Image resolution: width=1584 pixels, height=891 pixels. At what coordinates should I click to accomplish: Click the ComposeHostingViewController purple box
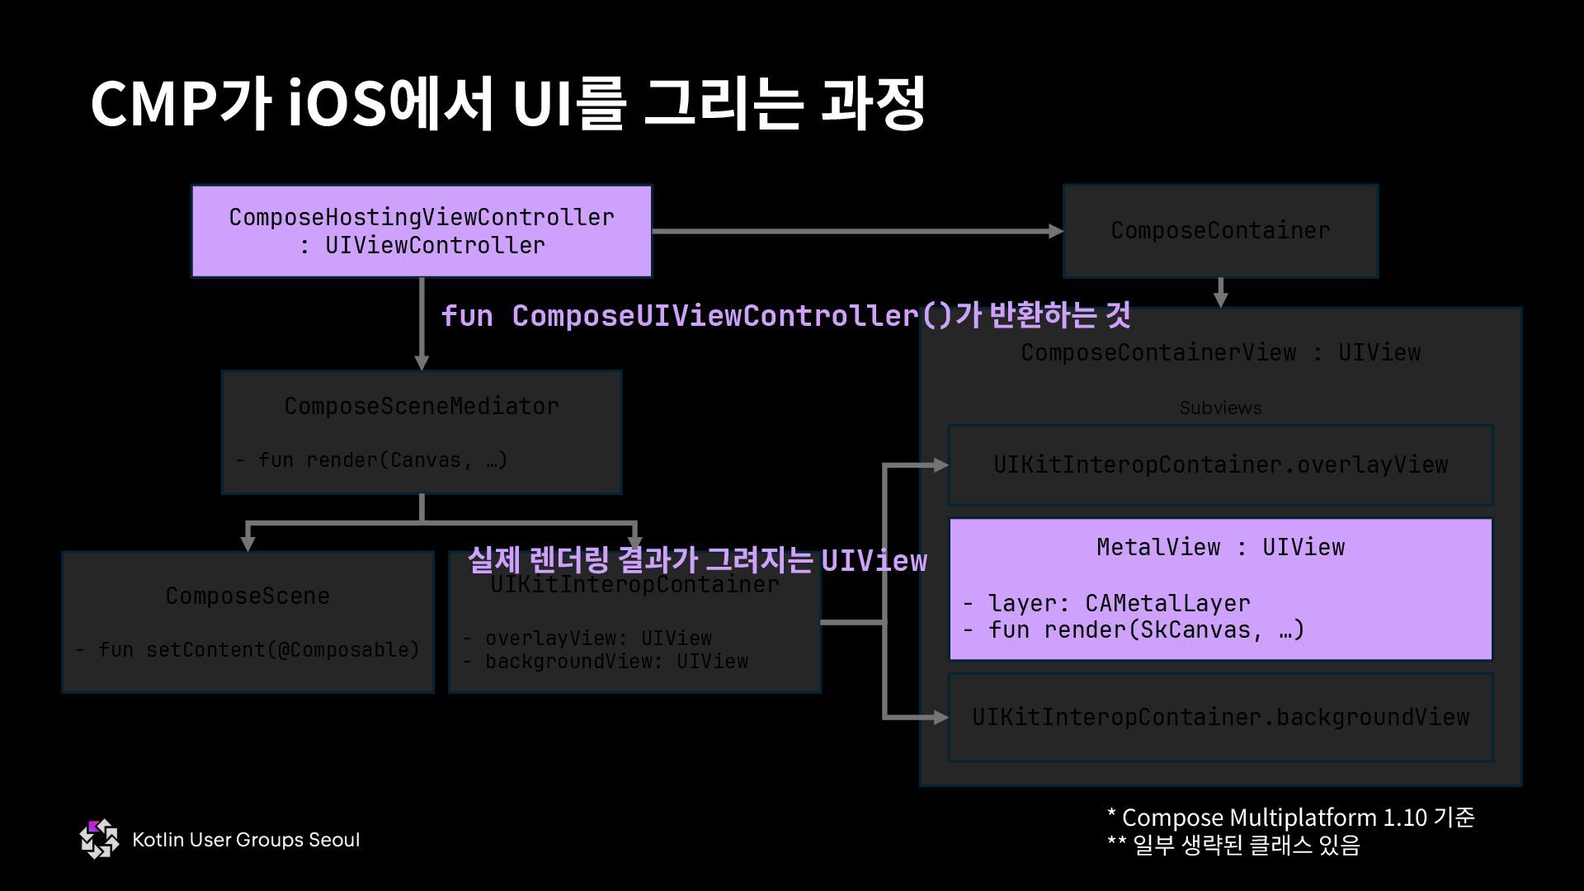421,231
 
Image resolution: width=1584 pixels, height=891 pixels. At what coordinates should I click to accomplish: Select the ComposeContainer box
1220,231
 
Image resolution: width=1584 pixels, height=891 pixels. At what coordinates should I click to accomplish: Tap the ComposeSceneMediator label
422,406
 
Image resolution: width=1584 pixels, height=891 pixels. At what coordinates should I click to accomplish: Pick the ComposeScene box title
247,596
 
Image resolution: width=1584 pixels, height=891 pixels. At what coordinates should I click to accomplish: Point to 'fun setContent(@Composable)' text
257,650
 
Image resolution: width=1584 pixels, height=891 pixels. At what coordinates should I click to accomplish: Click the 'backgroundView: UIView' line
615,662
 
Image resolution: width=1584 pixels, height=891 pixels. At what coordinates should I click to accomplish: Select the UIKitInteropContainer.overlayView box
1220,465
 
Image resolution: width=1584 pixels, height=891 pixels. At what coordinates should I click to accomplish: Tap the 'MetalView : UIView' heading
1220,547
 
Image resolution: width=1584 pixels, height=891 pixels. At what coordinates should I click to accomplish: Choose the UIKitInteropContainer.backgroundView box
1220,718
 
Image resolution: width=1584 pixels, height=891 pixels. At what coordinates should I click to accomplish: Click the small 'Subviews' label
1220,408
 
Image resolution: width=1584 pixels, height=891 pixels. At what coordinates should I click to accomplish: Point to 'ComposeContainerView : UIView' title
1220,353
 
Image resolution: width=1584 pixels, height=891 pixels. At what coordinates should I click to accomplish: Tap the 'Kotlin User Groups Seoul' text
246,840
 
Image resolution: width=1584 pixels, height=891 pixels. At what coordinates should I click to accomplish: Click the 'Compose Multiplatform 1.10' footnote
1290,818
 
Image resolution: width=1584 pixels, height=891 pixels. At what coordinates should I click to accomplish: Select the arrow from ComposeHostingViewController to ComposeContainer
854,232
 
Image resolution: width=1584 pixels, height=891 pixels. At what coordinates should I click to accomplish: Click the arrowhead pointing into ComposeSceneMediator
422,363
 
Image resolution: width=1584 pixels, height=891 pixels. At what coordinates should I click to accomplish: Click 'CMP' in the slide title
153,105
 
